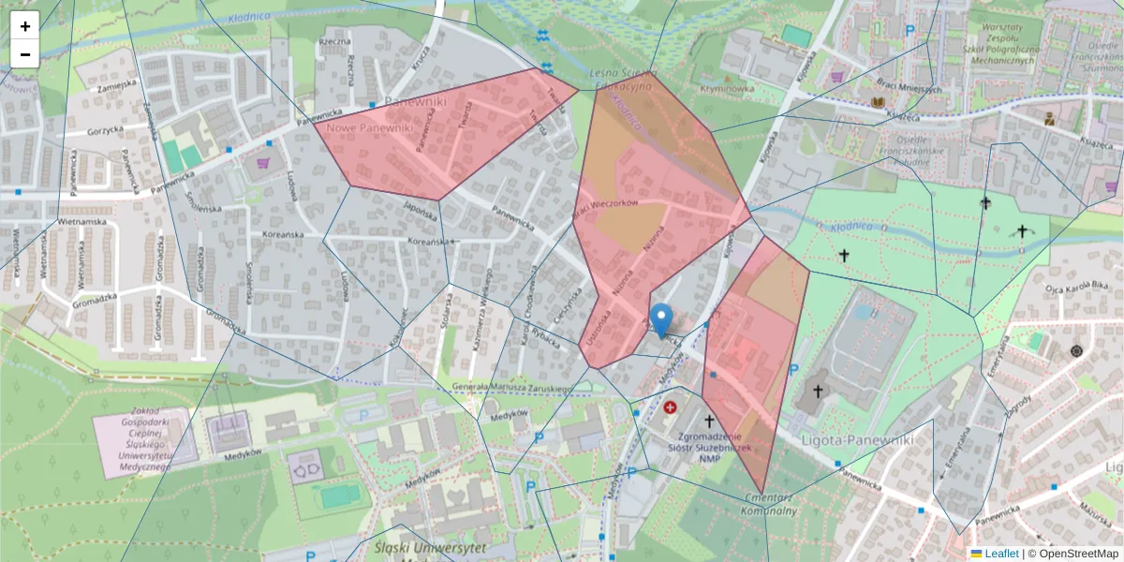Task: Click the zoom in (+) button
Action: tap(25, 26)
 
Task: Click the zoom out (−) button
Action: tap(25, 54)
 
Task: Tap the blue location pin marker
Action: tap(661, 319)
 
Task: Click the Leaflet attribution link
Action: tap(1000, 554)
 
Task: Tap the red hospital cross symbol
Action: tap(670, 407)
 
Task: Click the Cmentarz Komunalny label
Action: tap(767, 504)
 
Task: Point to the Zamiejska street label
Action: tap(116, 83)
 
